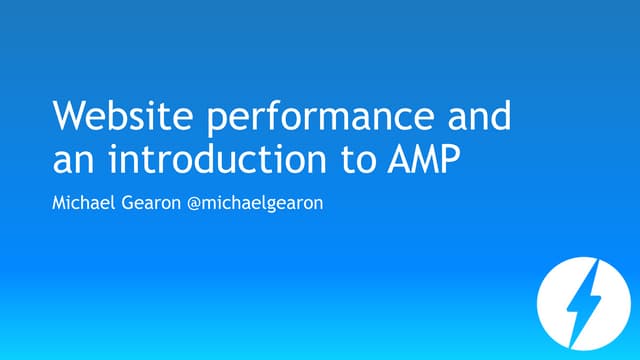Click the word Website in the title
(109, 117)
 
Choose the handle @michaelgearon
(259, 206)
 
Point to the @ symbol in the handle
(197, 206)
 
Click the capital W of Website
(67, 117)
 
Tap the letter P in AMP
(451, 159)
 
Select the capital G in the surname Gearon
(128, 205)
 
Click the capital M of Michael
(58, 205)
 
